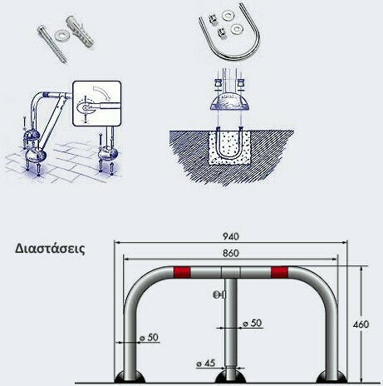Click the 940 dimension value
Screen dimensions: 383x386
[231, 236]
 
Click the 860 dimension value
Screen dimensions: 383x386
[231, 253]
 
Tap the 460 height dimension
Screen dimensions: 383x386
[361, 324]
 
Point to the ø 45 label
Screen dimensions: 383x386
[206, 363]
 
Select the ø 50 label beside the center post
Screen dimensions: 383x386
[253, 323]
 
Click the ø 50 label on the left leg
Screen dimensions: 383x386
[149, 338]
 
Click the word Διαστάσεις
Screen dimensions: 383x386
[50, 249]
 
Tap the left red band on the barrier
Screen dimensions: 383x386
[182, 272]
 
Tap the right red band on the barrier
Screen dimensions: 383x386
[279, 272]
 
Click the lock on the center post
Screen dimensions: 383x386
[219, 294]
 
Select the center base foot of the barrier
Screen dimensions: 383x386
[230, 377]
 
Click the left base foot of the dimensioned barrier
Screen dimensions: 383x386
[130, 377]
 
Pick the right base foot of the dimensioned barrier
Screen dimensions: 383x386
[331, 377]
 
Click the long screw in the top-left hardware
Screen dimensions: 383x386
[52, 44]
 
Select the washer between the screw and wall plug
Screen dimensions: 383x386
[61, 35]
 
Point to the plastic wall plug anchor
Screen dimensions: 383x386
[80, 31]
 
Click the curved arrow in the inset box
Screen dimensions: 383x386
[101, 92]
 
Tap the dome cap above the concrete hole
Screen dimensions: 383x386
[229, 101]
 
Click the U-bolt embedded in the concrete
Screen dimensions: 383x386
[230, 143]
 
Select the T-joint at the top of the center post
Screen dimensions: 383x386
[231, 272]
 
